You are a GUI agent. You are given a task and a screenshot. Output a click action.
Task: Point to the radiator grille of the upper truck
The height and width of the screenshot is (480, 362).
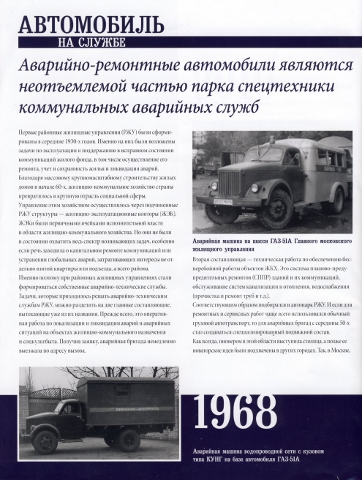228,184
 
